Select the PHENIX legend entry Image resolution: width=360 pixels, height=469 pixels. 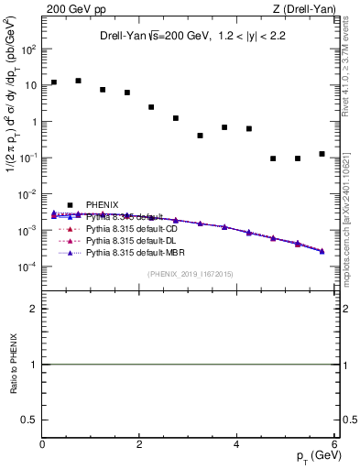pyautogui.click(x=100, y=203)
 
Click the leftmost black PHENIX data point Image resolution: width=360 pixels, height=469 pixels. pyautogui.click(x=54, y=82)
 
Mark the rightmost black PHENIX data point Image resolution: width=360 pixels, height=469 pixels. pyautogui.click(x=322, y=154)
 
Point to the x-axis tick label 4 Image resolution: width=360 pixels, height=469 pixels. pyautogui.click(x=236, y=444)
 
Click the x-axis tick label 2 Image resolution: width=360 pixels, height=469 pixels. pyautogui.click(x=139, y=444)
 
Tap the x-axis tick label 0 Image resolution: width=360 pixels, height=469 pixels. pyautogui.click(x=42, y=444)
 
